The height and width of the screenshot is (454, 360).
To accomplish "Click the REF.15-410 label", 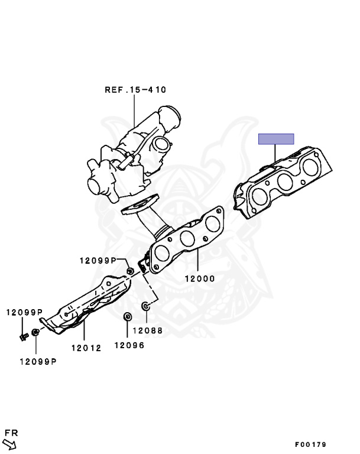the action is (x=135, y=90).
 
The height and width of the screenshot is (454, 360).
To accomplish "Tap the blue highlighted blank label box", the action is (x=276, y=139).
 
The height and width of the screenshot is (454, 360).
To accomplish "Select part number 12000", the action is (x=200, y=279).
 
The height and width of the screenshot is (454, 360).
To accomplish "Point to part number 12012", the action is (x=86, y=348).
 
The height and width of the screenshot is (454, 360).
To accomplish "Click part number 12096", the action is (x=129, y=345).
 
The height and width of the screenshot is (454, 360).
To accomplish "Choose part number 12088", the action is (x=148, y=330).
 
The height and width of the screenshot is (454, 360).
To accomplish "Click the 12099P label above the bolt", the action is (x=24, y=312).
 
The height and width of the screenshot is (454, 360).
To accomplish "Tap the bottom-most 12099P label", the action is (x=38, y=362).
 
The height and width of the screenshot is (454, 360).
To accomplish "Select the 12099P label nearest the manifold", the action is (x=98, y=261).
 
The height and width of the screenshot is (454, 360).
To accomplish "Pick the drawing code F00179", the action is (x=310, y=445).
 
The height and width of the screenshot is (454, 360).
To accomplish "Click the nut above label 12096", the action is (x=127, y=316).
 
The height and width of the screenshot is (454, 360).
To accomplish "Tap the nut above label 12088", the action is (x=145, y=306).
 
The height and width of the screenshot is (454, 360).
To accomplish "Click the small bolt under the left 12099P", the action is (x=24, y=337).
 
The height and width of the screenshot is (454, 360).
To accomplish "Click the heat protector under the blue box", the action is (x=283, y=183).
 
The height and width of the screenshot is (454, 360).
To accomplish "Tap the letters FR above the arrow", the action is (x=11, y=433).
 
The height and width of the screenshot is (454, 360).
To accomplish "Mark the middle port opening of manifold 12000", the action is (x=187, y=238).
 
